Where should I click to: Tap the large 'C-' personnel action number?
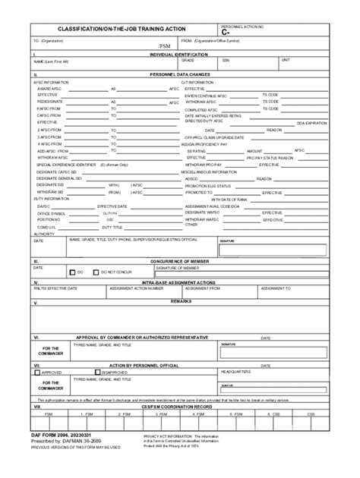[x=225, y=33]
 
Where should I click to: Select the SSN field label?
[x=226, y=60]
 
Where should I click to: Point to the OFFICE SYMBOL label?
[x=52, y=213]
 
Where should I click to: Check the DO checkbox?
[x=71, y=272]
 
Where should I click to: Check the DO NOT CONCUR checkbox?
[x=95, y=272]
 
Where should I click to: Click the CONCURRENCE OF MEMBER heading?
[x=180, y=260]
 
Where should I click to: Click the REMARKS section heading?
[x=180, y=301]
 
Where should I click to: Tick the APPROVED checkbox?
[x=37, y=373]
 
